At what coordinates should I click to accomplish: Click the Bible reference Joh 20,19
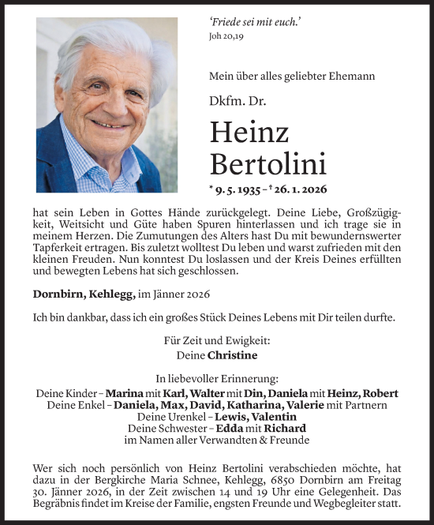coord(230,35)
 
